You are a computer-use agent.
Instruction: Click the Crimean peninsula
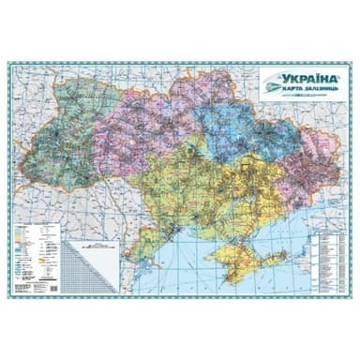230,254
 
